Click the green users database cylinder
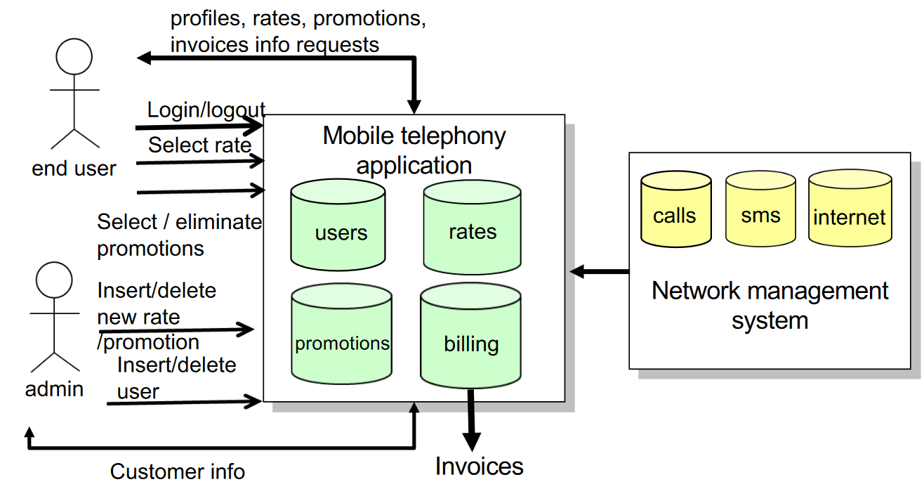coord(338,226)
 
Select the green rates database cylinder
coord(472,227)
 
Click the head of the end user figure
coord(74,56)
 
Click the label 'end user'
coord(74,169)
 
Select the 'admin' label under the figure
coord(54,389)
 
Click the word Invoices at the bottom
coord(479,467)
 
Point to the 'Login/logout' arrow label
coord(206,110)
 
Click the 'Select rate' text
coord(199,145)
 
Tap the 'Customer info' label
coord(178,471)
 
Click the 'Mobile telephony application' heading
coord(414,150)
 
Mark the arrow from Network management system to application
coord(600,271)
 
